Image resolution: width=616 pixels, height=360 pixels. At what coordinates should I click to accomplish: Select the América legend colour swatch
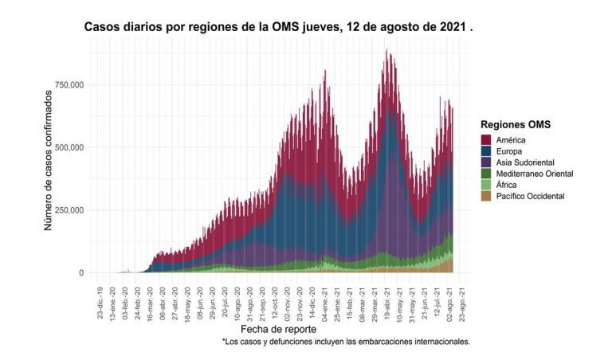click(x=485, y=139)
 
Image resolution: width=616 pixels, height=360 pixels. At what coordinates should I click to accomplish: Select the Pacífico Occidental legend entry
click(x=530, y=195)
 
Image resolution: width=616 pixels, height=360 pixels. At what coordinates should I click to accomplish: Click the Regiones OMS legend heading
click(x=516, y=124)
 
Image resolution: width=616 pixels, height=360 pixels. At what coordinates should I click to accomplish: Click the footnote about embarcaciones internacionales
click(x=346, y=342)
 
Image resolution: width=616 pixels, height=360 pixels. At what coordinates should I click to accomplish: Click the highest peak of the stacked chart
click(x=386, y=50)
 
